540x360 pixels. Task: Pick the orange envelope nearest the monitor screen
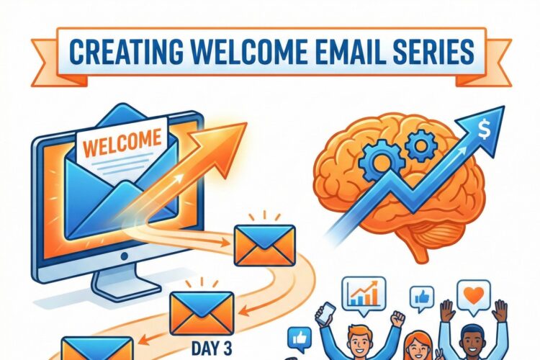(x=264, y=242)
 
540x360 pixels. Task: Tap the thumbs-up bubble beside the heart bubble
(x=422, y=297)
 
